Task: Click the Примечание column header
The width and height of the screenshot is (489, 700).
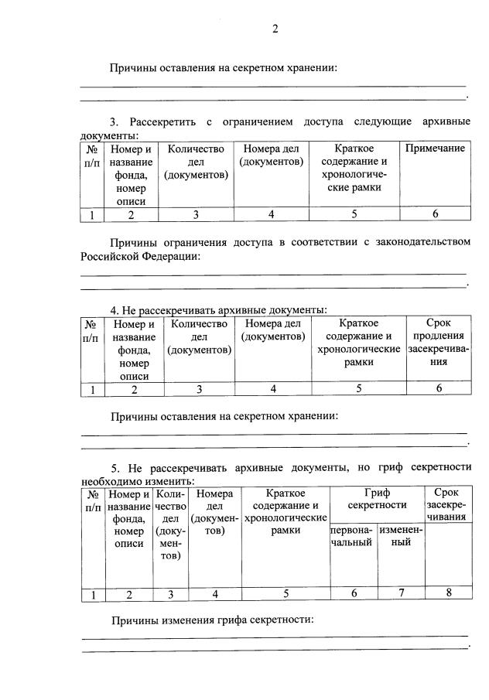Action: tap(435, 149)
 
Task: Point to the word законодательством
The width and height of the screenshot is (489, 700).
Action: tap(424, 242)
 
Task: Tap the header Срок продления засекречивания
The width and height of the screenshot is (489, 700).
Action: tap(438, 341)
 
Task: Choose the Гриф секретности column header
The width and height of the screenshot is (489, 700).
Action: tap(377, 499)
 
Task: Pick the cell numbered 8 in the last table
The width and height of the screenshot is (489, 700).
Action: tap(447, 594)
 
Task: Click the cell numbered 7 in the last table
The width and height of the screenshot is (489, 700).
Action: tap(401, 594)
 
